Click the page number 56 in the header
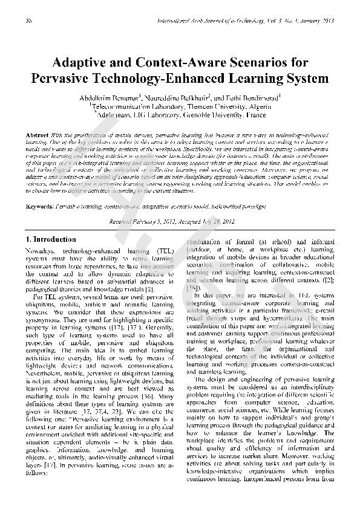pyautogui.click(x=29, y=21)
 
